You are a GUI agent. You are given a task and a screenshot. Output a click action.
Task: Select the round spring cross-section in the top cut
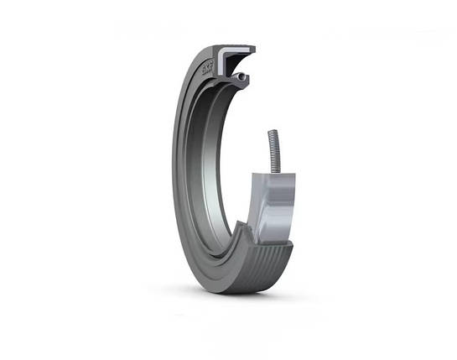(x=241, y=77)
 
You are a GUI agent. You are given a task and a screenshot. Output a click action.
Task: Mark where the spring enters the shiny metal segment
(x=273, y=172)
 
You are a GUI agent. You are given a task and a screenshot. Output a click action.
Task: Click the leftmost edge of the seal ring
(x=173, y=168)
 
